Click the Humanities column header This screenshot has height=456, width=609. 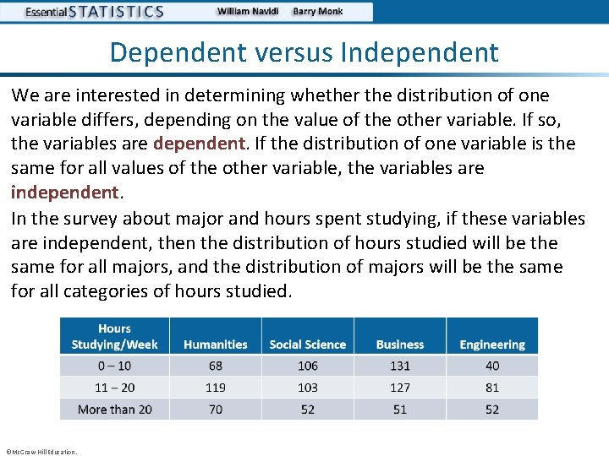pos(215,345)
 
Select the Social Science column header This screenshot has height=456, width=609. pos(307,345)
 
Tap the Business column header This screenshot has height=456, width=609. pos(400,345)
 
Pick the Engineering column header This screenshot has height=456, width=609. pos(492,345)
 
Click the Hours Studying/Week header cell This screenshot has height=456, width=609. pos(114,336)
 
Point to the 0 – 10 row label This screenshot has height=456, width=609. pos(114,366)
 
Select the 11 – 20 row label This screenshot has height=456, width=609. pos(114,388)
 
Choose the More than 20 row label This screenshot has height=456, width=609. pos(114,410)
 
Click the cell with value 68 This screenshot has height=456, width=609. pos(215,366)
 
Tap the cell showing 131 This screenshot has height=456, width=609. pos(400,366)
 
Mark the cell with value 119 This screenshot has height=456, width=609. pos(215,388)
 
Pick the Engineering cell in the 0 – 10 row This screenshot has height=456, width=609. pos(492,366)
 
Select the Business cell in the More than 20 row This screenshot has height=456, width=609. pos(400,410)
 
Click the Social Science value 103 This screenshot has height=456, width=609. pos(307,388)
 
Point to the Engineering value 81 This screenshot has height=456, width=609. pos(492,388)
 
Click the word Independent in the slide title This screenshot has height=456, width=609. pos(420,52)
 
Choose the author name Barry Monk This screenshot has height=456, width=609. pos(318,12)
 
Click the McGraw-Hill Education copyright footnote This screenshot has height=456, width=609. pos(41,451)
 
